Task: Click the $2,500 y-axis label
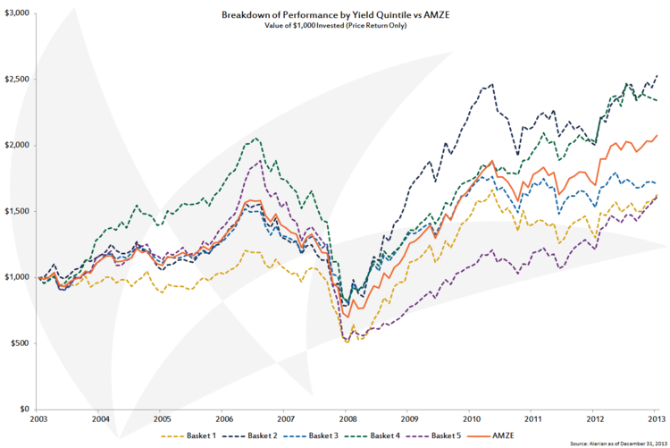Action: coord(16,80)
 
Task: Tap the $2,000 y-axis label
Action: coord(16,145)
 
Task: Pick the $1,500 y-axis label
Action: coord(16,211)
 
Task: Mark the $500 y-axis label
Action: coord(20,343)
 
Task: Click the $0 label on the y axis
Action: coord(24,409)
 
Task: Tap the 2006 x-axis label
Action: coord(224,418)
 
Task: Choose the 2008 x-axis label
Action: coord(347,418)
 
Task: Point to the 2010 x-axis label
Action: coord(470,418)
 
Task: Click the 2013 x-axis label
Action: coord(655,418)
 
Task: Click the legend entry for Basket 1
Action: coord(199,435)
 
